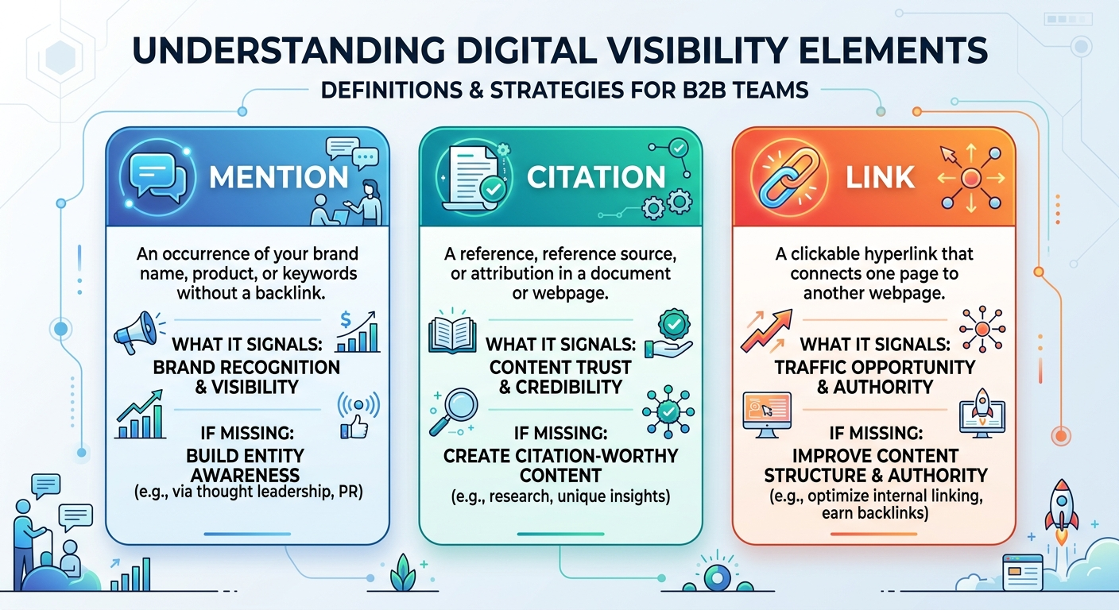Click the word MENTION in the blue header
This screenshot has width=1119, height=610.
coord(278,177)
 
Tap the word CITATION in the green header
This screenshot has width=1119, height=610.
coord(596,177)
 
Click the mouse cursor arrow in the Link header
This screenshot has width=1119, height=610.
coord(950,155)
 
